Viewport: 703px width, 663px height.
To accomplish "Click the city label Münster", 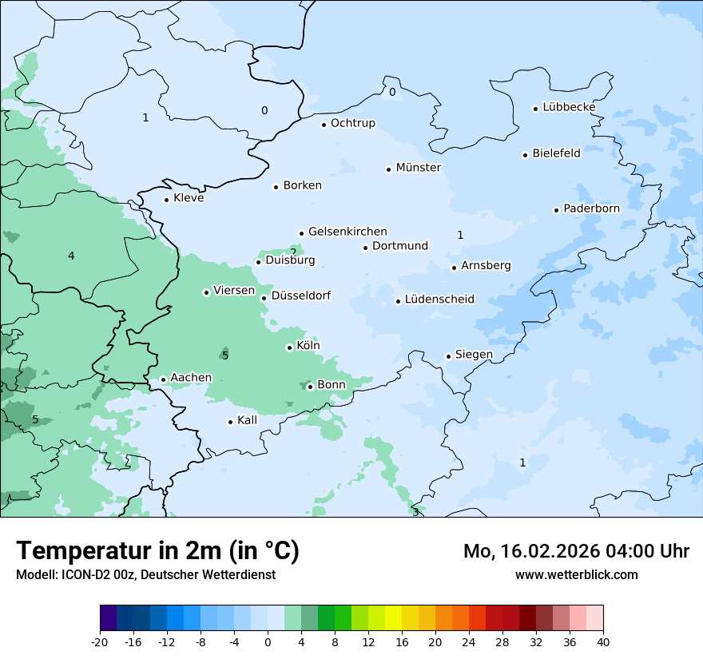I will [418, 168].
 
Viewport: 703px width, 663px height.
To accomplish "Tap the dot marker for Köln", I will [289, 347].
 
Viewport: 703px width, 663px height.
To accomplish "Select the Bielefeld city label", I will [556, 153].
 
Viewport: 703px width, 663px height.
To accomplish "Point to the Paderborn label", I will [591, 208].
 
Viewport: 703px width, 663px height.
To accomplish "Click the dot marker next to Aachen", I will [163, 380].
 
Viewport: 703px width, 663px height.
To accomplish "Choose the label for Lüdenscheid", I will [439, 300].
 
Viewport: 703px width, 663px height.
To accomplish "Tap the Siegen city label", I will [474, 355].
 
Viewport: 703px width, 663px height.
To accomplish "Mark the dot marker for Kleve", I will [166, 200].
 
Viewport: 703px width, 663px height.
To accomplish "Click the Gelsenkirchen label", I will [348, 232].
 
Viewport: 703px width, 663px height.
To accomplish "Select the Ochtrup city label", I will [352, 123].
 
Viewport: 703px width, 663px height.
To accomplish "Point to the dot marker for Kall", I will [231, 422].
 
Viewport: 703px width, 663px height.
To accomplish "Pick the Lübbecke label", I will [569, 107].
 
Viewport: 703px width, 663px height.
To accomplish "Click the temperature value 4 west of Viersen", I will [71, 256].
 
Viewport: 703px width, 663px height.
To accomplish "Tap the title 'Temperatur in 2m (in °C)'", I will [157, 551].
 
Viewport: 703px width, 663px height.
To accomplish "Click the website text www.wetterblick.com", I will [576, 574].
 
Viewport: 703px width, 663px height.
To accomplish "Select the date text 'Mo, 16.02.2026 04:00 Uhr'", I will [576, 551].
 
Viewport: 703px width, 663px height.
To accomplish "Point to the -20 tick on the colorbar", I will [100, 641].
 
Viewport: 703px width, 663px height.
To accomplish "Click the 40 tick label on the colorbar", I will [603, 641].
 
